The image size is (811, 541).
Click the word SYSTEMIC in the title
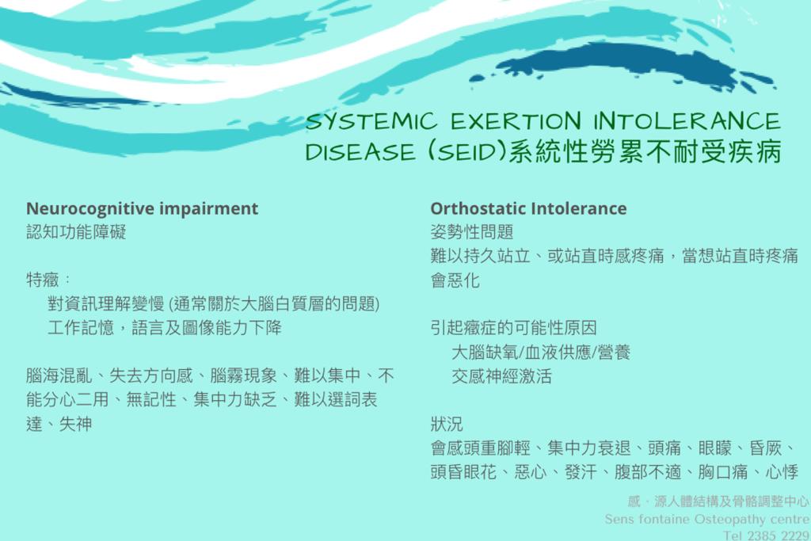click(371, 122)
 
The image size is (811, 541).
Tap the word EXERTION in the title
click(516, 121)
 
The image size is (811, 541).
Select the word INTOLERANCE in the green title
click(687, 121)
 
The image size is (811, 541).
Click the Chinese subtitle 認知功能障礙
click(76, 232)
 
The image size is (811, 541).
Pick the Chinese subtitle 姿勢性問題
click(472, 232)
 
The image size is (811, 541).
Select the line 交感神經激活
click(501, 376)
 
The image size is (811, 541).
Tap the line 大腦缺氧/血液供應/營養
click(541, 352)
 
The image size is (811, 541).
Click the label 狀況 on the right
click(447, 424)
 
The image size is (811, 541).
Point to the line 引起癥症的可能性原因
click(513, 328)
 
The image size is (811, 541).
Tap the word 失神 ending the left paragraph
click(75, 424)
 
